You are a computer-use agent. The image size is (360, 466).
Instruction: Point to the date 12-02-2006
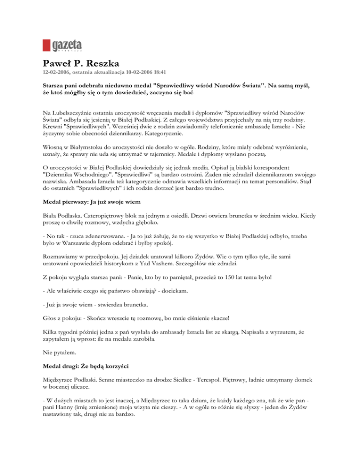tap(57, 73)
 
